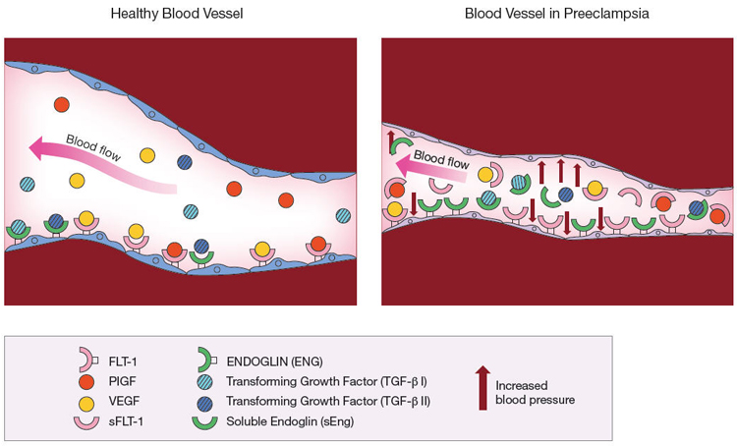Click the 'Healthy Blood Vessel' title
(177, 13)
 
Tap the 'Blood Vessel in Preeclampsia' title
(556, 13)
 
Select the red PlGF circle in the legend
(86, 381)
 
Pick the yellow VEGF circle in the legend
(86, 403)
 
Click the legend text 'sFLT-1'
(126, 421)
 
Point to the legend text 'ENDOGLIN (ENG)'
(274, 362)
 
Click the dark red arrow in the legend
(482, 388)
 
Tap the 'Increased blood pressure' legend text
(535, 392)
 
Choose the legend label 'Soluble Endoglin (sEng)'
(290, 421)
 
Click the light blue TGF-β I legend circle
(205, 381)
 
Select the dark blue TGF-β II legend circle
(205, 403)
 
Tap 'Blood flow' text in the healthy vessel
(93, 147)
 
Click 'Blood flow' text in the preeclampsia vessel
(441, 159)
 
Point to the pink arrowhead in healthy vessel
(37, 147)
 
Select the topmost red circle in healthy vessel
(62, 104)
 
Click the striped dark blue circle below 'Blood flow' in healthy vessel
(185, 162)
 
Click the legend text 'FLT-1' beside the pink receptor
(123, 362)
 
